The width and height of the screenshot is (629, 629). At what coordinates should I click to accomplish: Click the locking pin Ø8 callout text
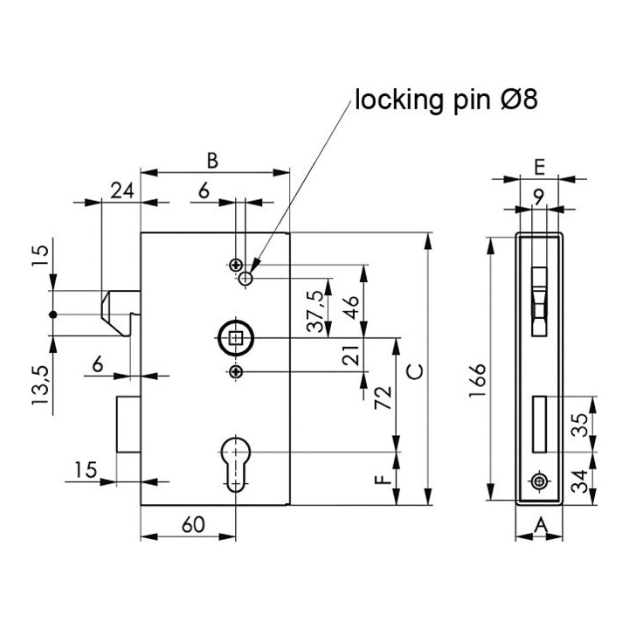(446, 100)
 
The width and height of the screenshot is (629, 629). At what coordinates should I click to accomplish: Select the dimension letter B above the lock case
(212, 161)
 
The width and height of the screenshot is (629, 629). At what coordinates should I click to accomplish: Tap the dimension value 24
(122, 191)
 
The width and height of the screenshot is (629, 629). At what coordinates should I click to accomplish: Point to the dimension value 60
(193, 525)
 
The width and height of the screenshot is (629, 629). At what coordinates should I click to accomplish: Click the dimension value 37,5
(314, 311)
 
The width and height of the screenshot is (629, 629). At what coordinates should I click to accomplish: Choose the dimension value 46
(351, 308)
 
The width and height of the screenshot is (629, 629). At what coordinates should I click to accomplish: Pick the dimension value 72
(384, 397)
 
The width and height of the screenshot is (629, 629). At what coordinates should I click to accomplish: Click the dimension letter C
(414, 372)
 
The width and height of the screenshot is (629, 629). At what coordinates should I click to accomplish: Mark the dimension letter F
(384, 479)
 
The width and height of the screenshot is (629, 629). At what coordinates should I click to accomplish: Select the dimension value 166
(478, 381)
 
